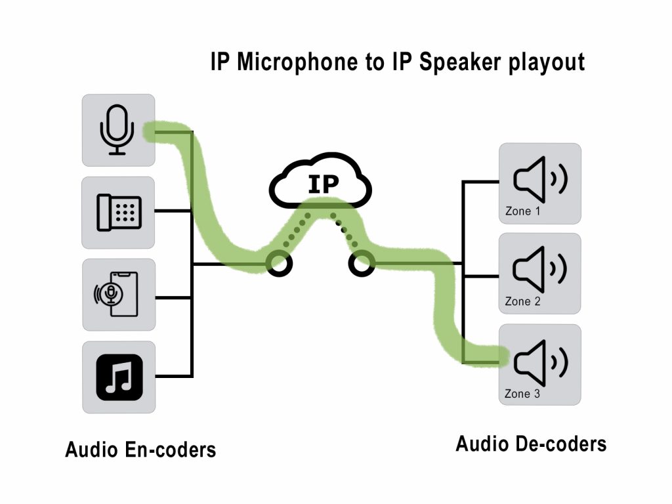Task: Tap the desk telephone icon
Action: click(x=119, y=212)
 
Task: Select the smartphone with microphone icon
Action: click(x=117, y=295)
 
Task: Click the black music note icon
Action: click(x=119, y=377)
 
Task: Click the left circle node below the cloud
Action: click(x=278, y=264)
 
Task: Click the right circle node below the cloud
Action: click(x=361, y=264)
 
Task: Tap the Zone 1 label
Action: click(x=522, y=211)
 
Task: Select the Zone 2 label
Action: click(x=522, y=302)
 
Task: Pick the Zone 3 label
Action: click(x=522, y=394)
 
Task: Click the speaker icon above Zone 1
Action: click(x=540, y=179)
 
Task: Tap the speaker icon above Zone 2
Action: click(x=540, y=269)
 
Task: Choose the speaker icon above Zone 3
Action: click(x=540, y=360)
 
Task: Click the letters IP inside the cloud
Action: click(x=323, y=184)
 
